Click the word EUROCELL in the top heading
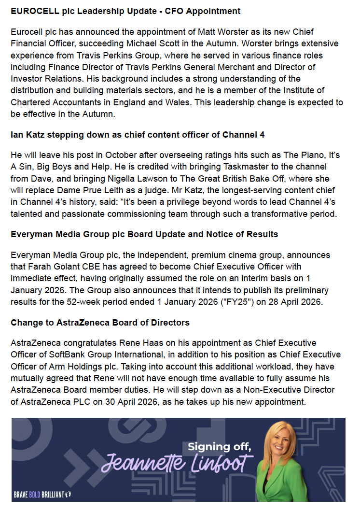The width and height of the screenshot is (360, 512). click(31, 10)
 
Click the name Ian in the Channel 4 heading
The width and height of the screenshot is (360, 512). click(17, 135)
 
